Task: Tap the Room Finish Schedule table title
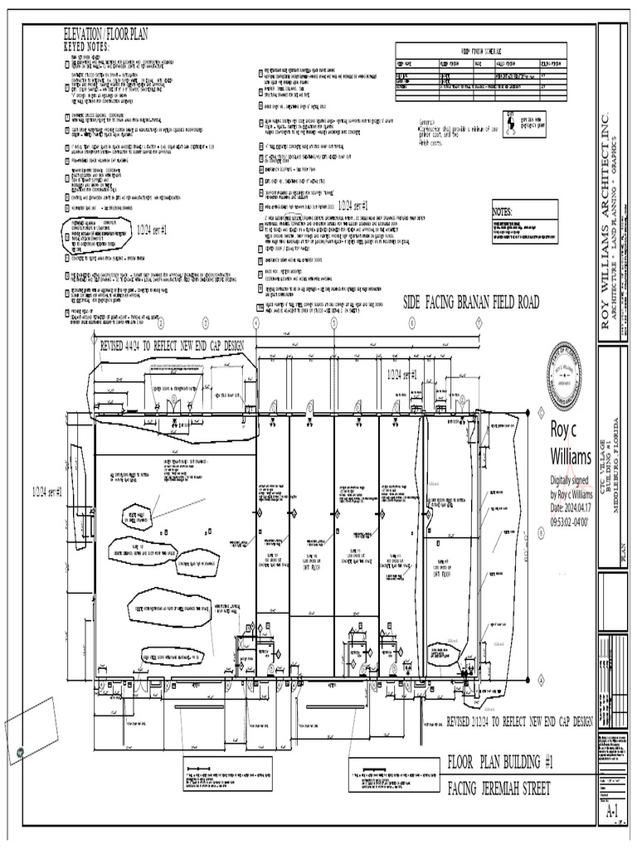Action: pos(480,51)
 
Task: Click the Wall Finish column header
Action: pos(508,63)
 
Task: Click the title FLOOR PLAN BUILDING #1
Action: pos(500,762)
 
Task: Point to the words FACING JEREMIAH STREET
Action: pos(498,788)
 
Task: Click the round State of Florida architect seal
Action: pos(564,374)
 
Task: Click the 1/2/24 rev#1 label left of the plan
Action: pos(48,492)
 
